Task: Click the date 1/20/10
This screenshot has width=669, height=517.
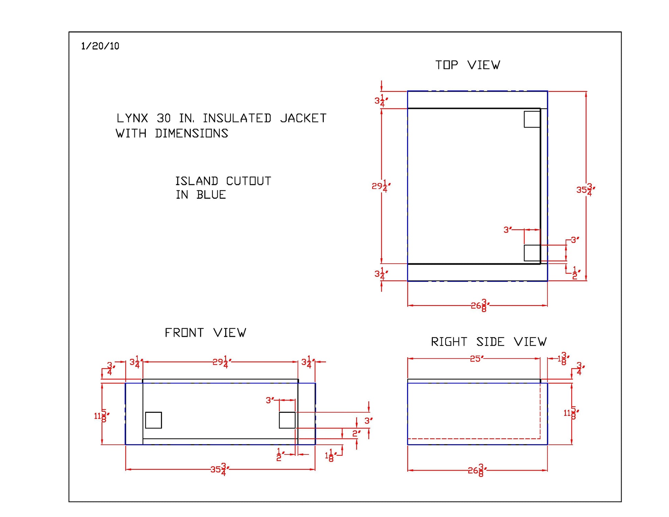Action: [100, 46]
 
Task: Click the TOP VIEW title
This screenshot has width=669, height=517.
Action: [468, 65]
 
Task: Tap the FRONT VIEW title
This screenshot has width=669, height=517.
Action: [205, 333]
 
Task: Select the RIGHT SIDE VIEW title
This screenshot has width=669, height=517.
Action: [489, 342]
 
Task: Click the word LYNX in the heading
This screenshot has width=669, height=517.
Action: [132, 118]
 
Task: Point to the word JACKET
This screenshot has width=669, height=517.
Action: [303, 118]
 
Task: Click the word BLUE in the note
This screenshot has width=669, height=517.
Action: [211, 195]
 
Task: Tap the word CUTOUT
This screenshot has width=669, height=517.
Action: [249, 181]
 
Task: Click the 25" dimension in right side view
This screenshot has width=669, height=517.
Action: [477, 359]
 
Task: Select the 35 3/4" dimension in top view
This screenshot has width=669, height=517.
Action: [585, 189]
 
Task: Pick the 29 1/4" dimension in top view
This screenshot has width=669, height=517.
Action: [381, 186]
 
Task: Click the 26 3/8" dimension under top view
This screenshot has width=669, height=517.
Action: [480, 305]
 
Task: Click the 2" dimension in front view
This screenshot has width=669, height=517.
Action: [357, 433]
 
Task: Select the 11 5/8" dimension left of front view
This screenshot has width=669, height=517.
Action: [101, 416]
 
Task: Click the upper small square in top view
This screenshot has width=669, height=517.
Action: [532, 119]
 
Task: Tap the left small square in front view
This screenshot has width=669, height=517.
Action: [153, 420]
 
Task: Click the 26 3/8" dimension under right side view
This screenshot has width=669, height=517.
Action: [477, 470]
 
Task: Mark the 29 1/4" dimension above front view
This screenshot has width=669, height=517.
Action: [221, 362]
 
